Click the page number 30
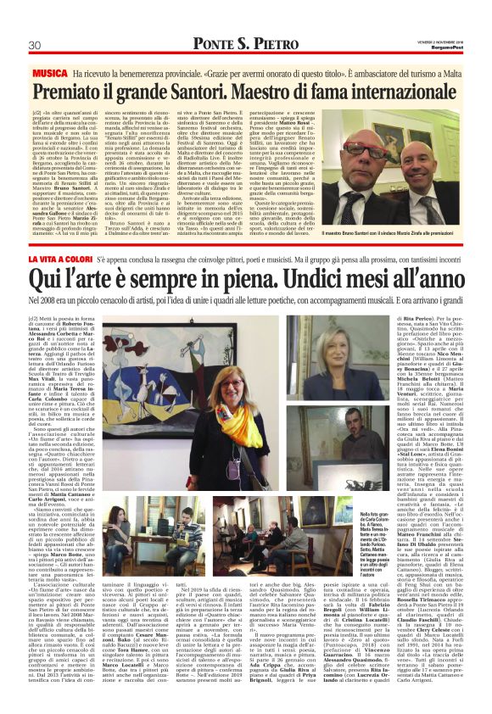coord(36,45)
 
